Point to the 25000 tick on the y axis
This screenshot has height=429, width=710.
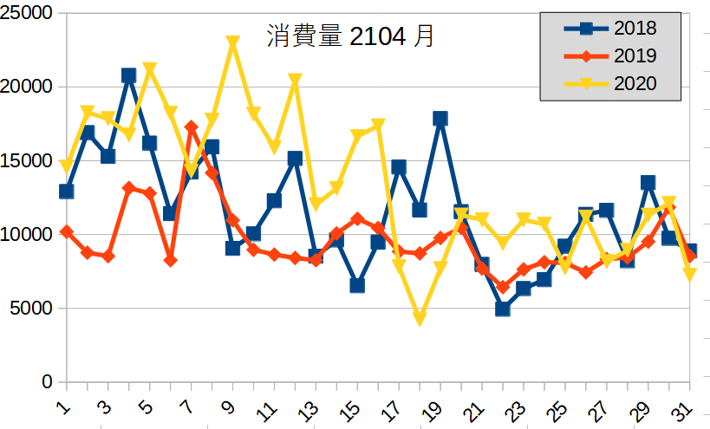28,14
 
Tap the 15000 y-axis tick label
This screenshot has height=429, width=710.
28,161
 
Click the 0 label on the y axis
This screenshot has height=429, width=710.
47,382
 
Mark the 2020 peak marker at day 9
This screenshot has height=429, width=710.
232,42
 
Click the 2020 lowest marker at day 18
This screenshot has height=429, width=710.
420,319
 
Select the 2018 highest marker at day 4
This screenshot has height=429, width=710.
128,75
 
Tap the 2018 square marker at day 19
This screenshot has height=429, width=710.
440,119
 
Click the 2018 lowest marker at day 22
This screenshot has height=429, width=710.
503,309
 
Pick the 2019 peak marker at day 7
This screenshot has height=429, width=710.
191,127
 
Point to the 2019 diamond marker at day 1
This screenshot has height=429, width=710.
66,232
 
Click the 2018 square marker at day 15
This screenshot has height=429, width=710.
357,285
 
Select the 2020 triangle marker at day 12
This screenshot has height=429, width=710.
295,81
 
